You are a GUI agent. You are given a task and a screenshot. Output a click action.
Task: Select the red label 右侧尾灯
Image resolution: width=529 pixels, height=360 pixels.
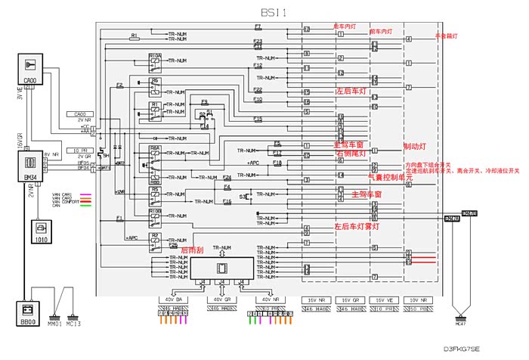pos(351,154)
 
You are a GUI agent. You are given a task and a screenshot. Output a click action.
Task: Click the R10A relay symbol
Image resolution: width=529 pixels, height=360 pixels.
pos(156,59)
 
